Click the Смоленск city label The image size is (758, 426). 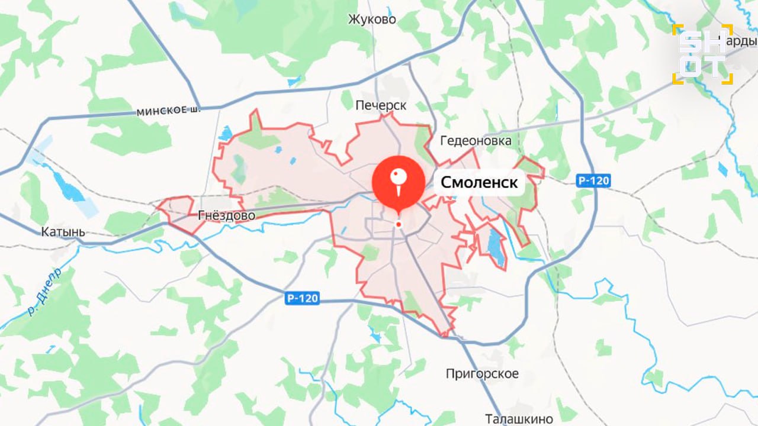point(479,182)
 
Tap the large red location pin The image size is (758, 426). point(399,183)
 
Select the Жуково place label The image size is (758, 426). point(372,20)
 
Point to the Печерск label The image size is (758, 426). point(381,105)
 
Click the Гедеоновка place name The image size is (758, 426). point(476,141)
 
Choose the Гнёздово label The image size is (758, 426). point(227,215)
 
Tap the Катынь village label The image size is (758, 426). point(63,232)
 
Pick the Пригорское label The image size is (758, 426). point(482,373)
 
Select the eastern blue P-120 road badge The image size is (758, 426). point(592,181)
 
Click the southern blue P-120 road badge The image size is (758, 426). point(302,299)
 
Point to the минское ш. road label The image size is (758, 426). point(168,111)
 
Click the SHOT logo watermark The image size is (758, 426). point(702,54)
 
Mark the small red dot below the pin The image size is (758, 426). point(399,225)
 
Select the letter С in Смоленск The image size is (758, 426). point(446,182)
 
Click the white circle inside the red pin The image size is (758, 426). point(399,176)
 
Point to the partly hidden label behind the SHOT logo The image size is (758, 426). point(744,41)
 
